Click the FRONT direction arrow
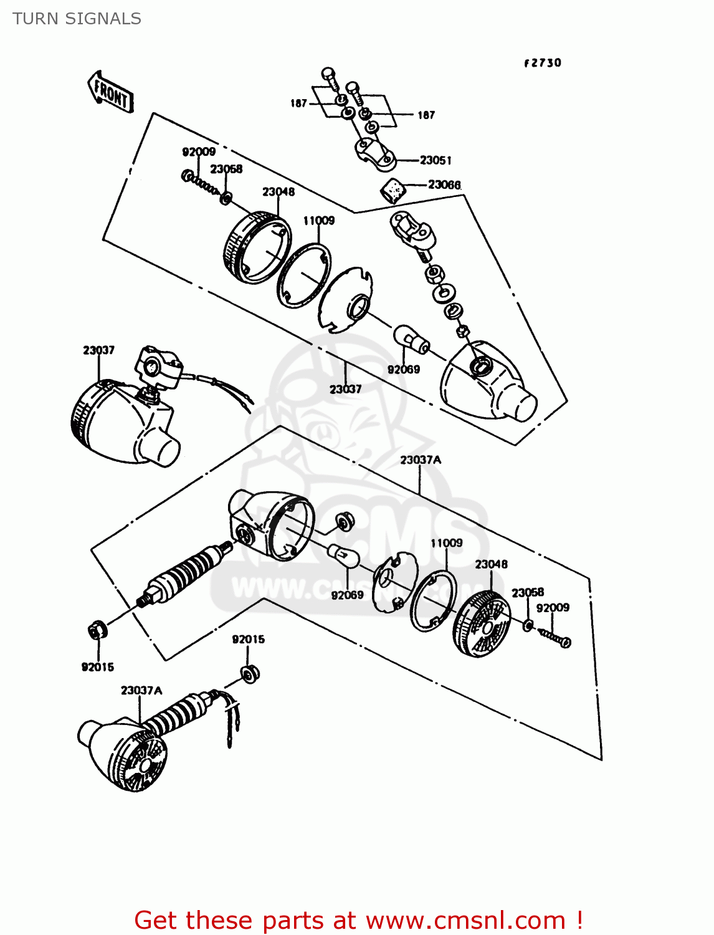pos(111,92)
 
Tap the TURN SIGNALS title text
pos(77,19)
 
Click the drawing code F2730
pos(542,63)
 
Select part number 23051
pos(436,160)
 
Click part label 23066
pos(444,185)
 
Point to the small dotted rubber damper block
pos(392,189)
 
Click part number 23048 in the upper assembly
pos(278,191)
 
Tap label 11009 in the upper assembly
pos(318,220)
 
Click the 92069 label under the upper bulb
pos(404,369)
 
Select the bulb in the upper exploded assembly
pos(411,340)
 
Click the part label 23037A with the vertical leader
pos(421,460)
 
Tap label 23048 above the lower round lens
pos(491,564)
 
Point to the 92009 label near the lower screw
pos(553,608)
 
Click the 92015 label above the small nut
pos(248,639)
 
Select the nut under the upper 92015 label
pos(250,673)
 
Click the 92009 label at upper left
pos(199,151)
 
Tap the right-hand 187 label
pos(426,115)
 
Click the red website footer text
pos(358,920)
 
